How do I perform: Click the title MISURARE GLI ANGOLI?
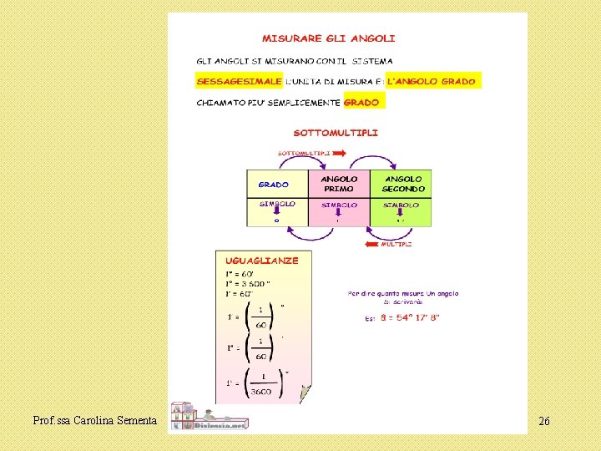(329, 38)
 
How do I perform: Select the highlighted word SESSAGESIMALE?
(239, 82)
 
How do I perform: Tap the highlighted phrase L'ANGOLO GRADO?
(432, 82)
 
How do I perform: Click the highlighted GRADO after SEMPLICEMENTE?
(361, 103)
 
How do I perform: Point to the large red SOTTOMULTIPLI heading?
(336, 132)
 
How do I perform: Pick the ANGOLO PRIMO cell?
(339, 184)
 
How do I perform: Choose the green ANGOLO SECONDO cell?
(403, 184)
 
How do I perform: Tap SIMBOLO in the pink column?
(339, 205)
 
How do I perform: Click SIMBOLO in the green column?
(402, 205)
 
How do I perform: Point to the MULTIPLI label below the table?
(396, 245)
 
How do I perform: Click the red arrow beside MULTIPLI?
(372, 245)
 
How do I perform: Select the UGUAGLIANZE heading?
(261, 261)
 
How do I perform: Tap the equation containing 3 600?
(248, 284)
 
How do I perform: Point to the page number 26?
(543, 421)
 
